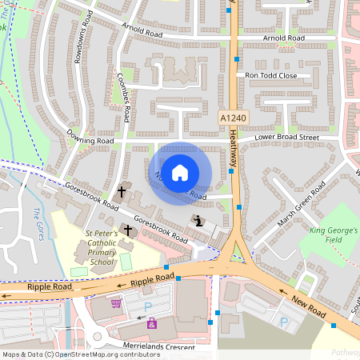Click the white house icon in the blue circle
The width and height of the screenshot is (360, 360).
click(x=180, y=172)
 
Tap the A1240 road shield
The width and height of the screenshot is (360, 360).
click(x=233, y=118)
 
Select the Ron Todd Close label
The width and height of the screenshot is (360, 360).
click(x=271, y=75)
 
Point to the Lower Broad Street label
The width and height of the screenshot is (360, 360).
click(x=286, y=138)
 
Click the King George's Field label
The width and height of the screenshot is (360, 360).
click(x=333, y=235)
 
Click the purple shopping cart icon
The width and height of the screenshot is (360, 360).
click(x=116, y=303)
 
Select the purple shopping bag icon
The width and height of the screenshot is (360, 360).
click(x=152, y=324)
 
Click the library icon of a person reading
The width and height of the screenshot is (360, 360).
click(x=197, y=221)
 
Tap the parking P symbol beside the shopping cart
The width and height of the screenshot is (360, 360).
click(x=146, y=307)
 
